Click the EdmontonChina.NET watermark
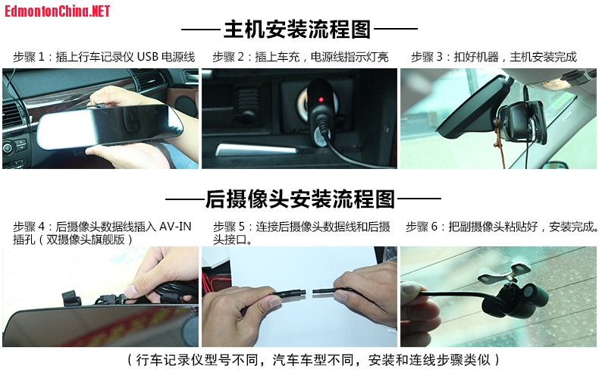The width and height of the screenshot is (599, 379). [x=58, y=11]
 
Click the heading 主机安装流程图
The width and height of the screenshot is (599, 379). [x=297, y=29]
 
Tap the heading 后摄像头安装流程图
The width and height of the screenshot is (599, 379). [x=300, y=199]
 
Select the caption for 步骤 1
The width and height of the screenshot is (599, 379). [x=104, y=57]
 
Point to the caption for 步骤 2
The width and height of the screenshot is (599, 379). [x=301, y=57]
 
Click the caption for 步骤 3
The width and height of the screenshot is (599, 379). [x=494, y=57]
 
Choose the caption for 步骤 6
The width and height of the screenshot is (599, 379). [x=502, y=227]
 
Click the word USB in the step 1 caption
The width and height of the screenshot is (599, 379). [x=147, y=57]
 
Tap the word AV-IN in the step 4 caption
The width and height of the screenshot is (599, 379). [x=175, y=226]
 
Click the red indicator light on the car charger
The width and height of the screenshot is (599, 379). [x=321, y=100]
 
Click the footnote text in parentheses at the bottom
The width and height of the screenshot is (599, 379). [x=313, y=359]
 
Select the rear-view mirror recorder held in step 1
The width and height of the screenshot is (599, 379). [x=110, y=125]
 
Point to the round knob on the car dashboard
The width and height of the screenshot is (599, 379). [x=8, y=148]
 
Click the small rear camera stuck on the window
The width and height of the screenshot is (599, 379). [x=516, y=301]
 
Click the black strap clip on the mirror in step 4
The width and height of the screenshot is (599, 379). [x=71, y=299]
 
